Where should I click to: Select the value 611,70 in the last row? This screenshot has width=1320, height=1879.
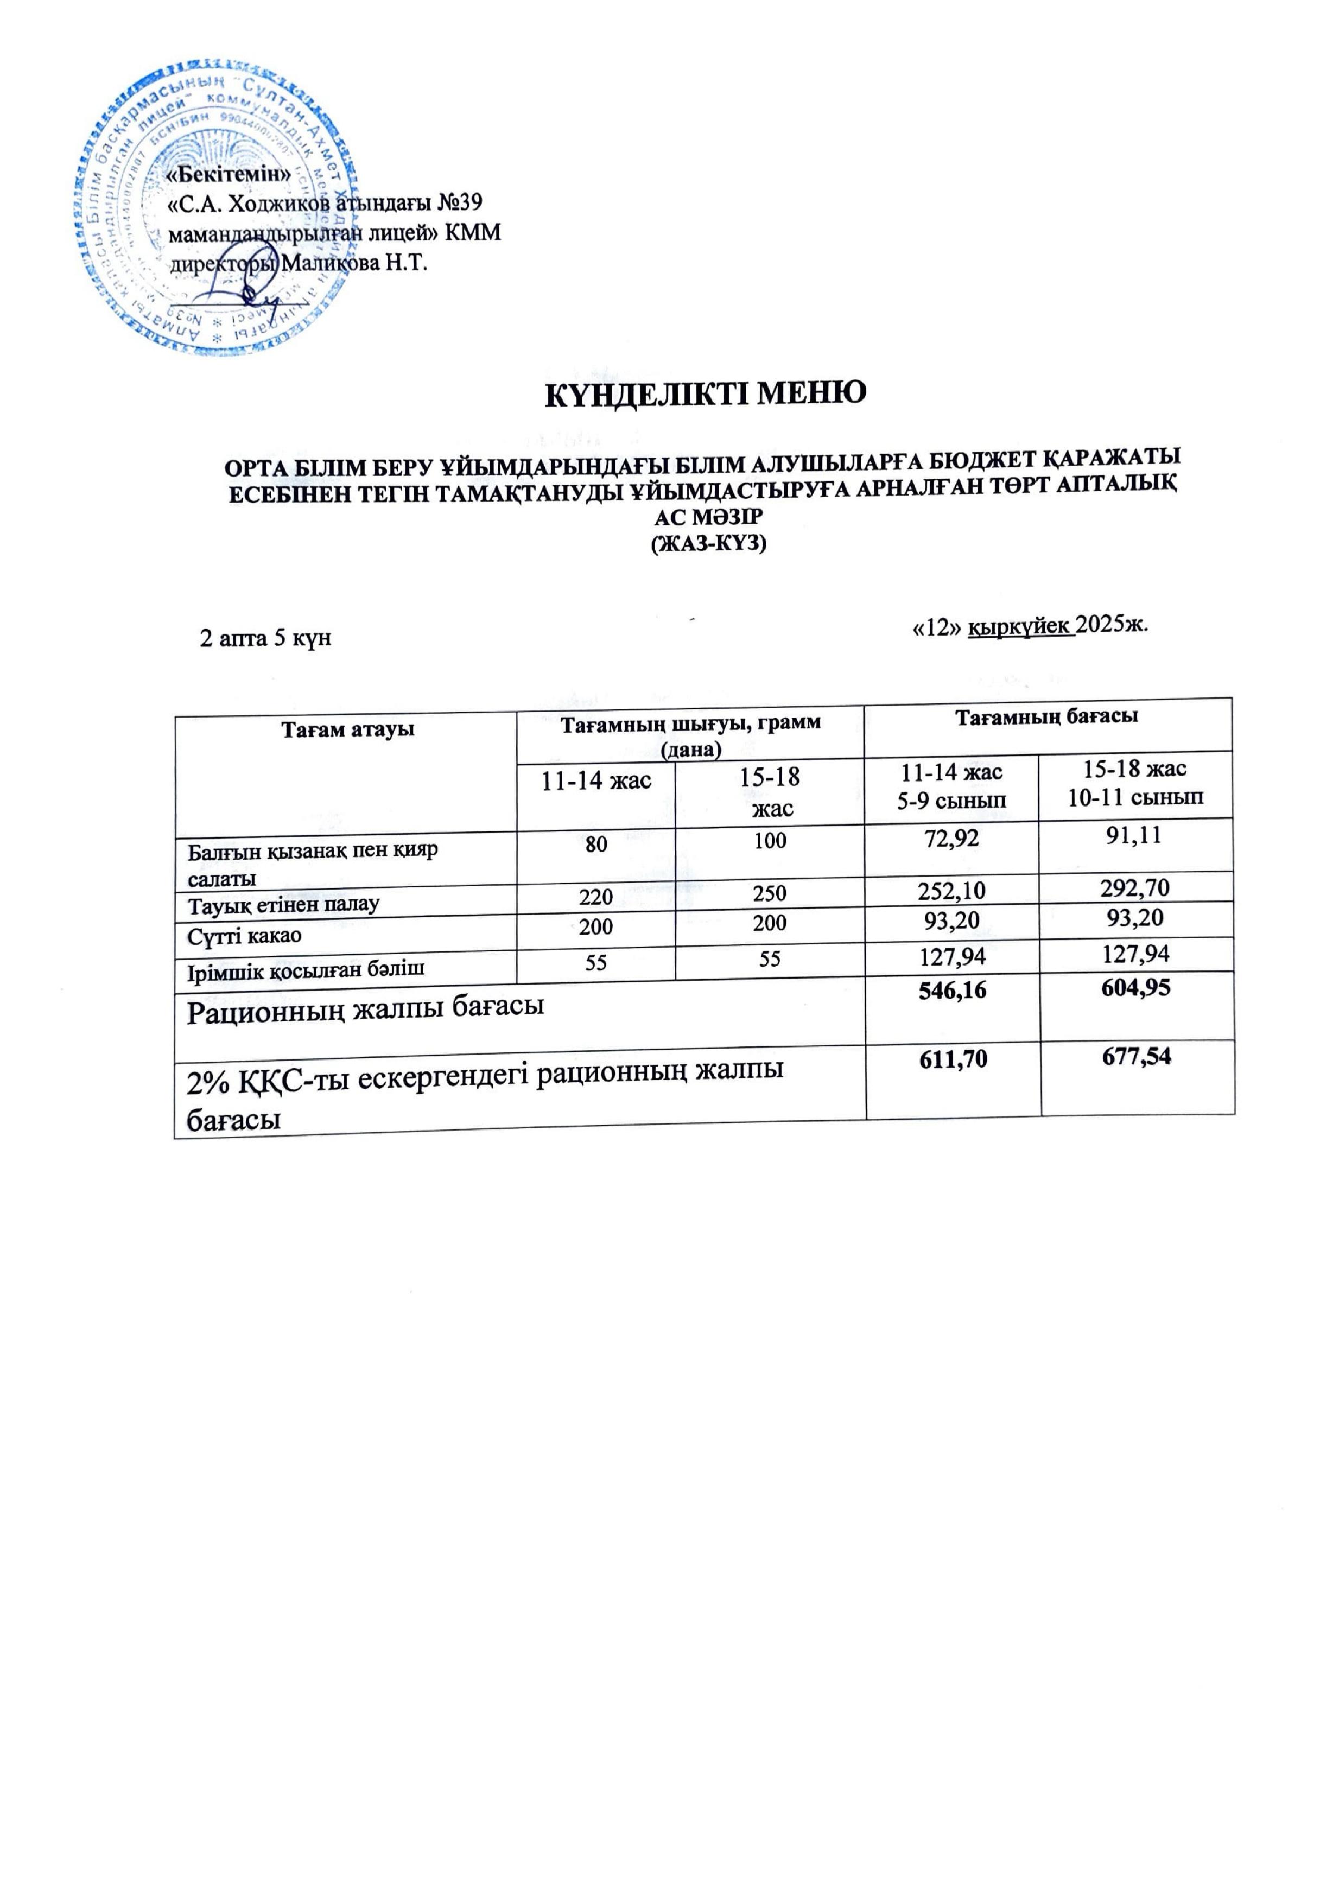(952, 1060)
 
